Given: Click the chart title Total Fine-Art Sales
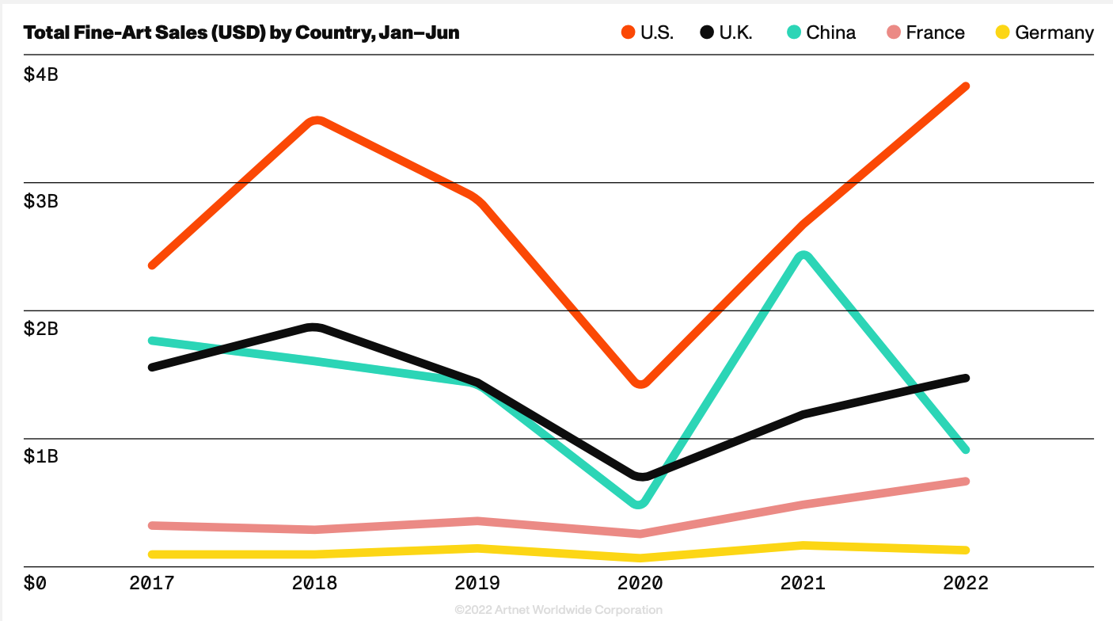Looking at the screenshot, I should [241, 32].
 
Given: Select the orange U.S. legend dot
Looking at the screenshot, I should [629, 32].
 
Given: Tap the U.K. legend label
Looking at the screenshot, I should [735, 32].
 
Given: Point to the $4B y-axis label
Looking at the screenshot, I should [40, 74].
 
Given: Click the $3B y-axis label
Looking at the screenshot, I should [40, 201].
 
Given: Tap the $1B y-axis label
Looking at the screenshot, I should [40, 456].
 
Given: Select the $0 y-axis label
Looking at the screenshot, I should [35, 584].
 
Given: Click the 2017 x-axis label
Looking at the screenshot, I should [152, 584].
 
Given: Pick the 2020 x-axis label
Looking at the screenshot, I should [640, 584].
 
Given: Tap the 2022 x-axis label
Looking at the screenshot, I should [966, 584].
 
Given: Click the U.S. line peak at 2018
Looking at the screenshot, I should [316, 121].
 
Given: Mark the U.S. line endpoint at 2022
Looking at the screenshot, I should [965, 86].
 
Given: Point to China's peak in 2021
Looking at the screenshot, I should [803, 255].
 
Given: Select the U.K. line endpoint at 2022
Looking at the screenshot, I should [965, 378].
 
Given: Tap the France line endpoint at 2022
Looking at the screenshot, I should [965, 482].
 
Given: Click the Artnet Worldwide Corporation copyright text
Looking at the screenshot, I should [558, 610].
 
